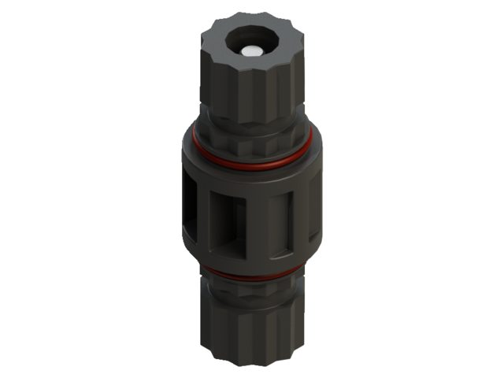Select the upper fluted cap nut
click(x=248, y=87)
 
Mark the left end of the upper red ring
click(x=195, y=142)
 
